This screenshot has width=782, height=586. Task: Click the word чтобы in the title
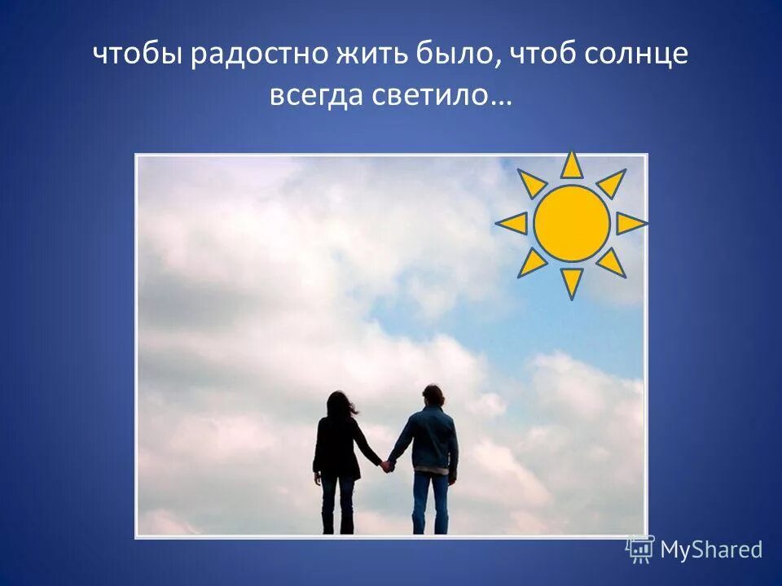point(139,55)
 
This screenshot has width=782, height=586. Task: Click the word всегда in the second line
point(318,97)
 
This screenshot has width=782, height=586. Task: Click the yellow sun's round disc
point(572,223)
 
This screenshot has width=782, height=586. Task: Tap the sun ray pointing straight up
point(572,165)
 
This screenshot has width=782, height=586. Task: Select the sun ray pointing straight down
point(572,281)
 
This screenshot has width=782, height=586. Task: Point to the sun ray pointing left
point(513,223)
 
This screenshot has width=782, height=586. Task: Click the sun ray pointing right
point(630,223)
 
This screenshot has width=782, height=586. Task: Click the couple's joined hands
point(386,465)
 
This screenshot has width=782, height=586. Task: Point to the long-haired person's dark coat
point(336,448)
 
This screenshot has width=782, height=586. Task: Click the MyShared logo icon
point(640,549)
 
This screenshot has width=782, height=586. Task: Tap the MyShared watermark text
point(711,550)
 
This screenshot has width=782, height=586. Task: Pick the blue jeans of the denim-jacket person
point(429,501)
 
